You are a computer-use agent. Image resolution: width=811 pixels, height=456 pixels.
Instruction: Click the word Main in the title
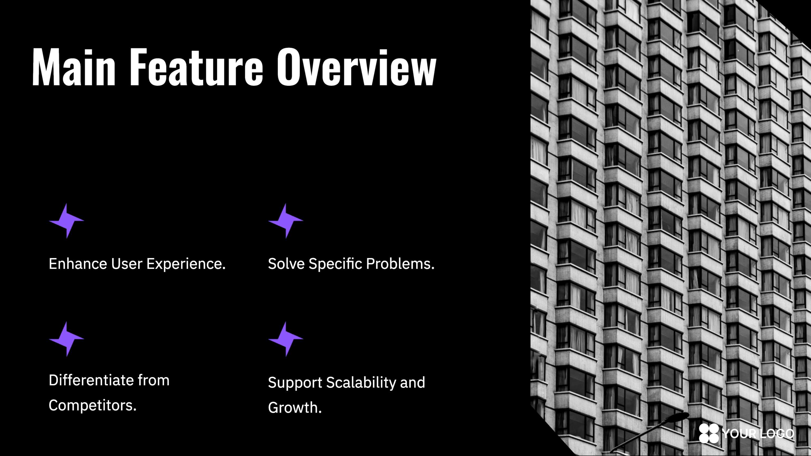pyautogui.click(x=74, y=67)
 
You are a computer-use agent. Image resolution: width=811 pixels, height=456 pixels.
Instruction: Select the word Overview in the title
pyautogui.click(x=356, y=67)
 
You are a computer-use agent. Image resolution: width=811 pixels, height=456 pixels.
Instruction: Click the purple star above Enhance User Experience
pyautogui.click(x=67, y=221)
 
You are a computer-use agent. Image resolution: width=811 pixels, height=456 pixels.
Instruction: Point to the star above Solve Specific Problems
pyautogui.click(x=286, y=221)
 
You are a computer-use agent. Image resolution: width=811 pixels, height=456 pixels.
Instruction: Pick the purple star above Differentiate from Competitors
pyautogui.click(x=67, y=339)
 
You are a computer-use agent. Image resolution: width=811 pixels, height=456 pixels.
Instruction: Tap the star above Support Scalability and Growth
pyautogui.click(x=286, y=339)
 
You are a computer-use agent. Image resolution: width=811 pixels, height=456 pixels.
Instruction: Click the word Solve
pyautogui.click(x=286, y=264)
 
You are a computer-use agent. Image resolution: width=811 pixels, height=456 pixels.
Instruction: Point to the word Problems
pyautogui.click(x=400, y=264)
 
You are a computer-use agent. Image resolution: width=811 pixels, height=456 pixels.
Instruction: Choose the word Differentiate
pyautogui.click(x=91, y=380)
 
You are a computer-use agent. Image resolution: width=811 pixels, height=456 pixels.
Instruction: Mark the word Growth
pyautogui.click(x=295, y=407)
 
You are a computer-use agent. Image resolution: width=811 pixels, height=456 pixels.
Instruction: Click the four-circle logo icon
pyautogui.click(x=709, y=433)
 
